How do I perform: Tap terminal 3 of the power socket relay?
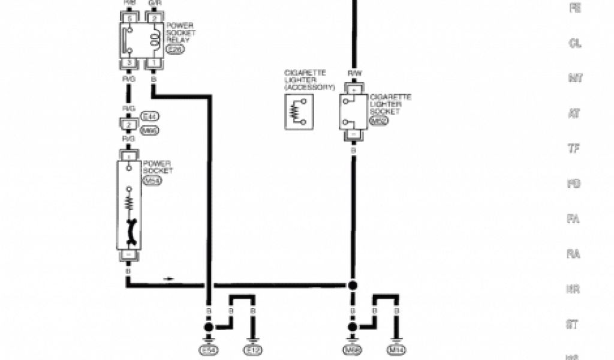[x=128, y=63]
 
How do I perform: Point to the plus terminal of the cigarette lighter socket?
[x=353, y=89]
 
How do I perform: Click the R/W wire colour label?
[x=353, y=74]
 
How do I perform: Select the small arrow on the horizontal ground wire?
[x=170, y=278]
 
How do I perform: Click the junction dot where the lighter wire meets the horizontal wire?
[x=353, y=284]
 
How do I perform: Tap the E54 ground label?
[x=209, y=349]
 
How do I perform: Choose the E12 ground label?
[x=252, y=349]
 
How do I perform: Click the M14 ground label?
[x=396, y=349]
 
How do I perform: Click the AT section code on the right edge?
[x=574, y=113]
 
